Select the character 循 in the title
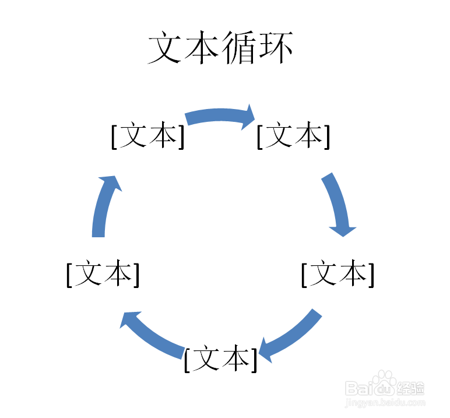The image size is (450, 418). (238, 49)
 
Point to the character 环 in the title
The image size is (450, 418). (274, 49)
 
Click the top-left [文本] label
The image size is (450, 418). (147, 136)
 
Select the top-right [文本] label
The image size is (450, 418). (293, 136)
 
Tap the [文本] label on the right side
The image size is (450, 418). (337, 274)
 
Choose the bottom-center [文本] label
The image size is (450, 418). (220, 360)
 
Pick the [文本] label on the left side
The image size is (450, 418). (103, 274)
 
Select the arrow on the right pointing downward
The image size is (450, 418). (337, 204)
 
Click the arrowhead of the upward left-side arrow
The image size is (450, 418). (112, 182)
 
